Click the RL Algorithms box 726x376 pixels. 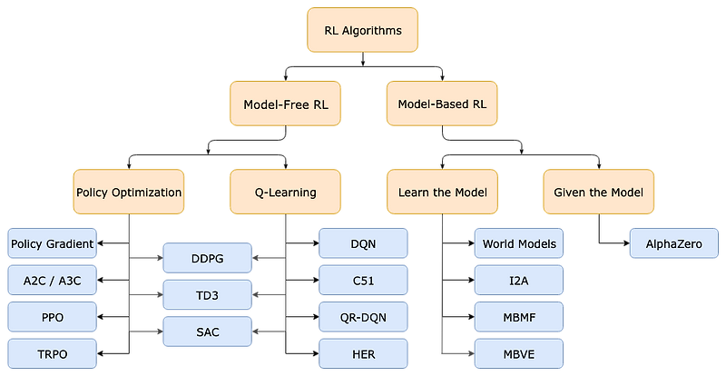(x=363, y=30)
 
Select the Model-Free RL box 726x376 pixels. (x=286, y=104)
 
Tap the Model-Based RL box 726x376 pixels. (x=442, y=104)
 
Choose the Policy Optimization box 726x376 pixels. (x=129, y=193)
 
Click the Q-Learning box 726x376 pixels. (x=286, y=193)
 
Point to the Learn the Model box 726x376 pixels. (x=442, y=193)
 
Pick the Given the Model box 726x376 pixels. (x=598, y=193)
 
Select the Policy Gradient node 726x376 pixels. (x=52, y=244)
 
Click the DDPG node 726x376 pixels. (x=208, y=259)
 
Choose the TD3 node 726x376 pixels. (x=208, y=295)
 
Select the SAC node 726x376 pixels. (x=208, y=331)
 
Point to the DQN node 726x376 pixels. (x=363, y=244)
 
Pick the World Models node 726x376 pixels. (x=519, y=244)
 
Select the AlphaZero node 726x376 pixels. (x=674, y=244)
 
